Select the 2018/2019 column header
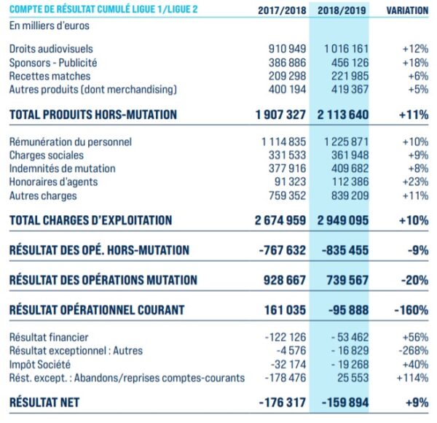340,11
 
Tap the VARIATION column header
406,11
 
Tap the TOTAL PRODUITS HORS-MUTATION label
92,115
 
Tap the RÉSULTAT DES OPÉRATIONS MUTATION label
103,280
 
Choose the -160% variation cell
410,310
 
